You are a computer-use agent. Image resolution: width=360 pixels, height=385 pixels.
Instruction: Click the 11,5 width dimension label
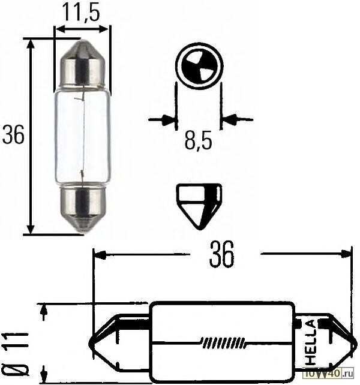pyautogui.click(x=82, y=11)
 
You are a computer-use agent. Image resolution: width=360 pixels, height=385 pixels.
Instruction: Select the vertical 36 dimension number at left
pyautogui.click(x=13, y=136)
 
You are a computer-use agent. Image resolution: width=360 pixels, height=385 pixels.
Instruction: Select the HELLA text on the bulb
pyautogui.click(x=311, y=342)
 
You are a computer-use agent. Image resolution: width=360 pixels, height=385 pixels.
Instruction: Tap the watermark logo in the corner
pyautogui.click(x=331, y=374)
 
